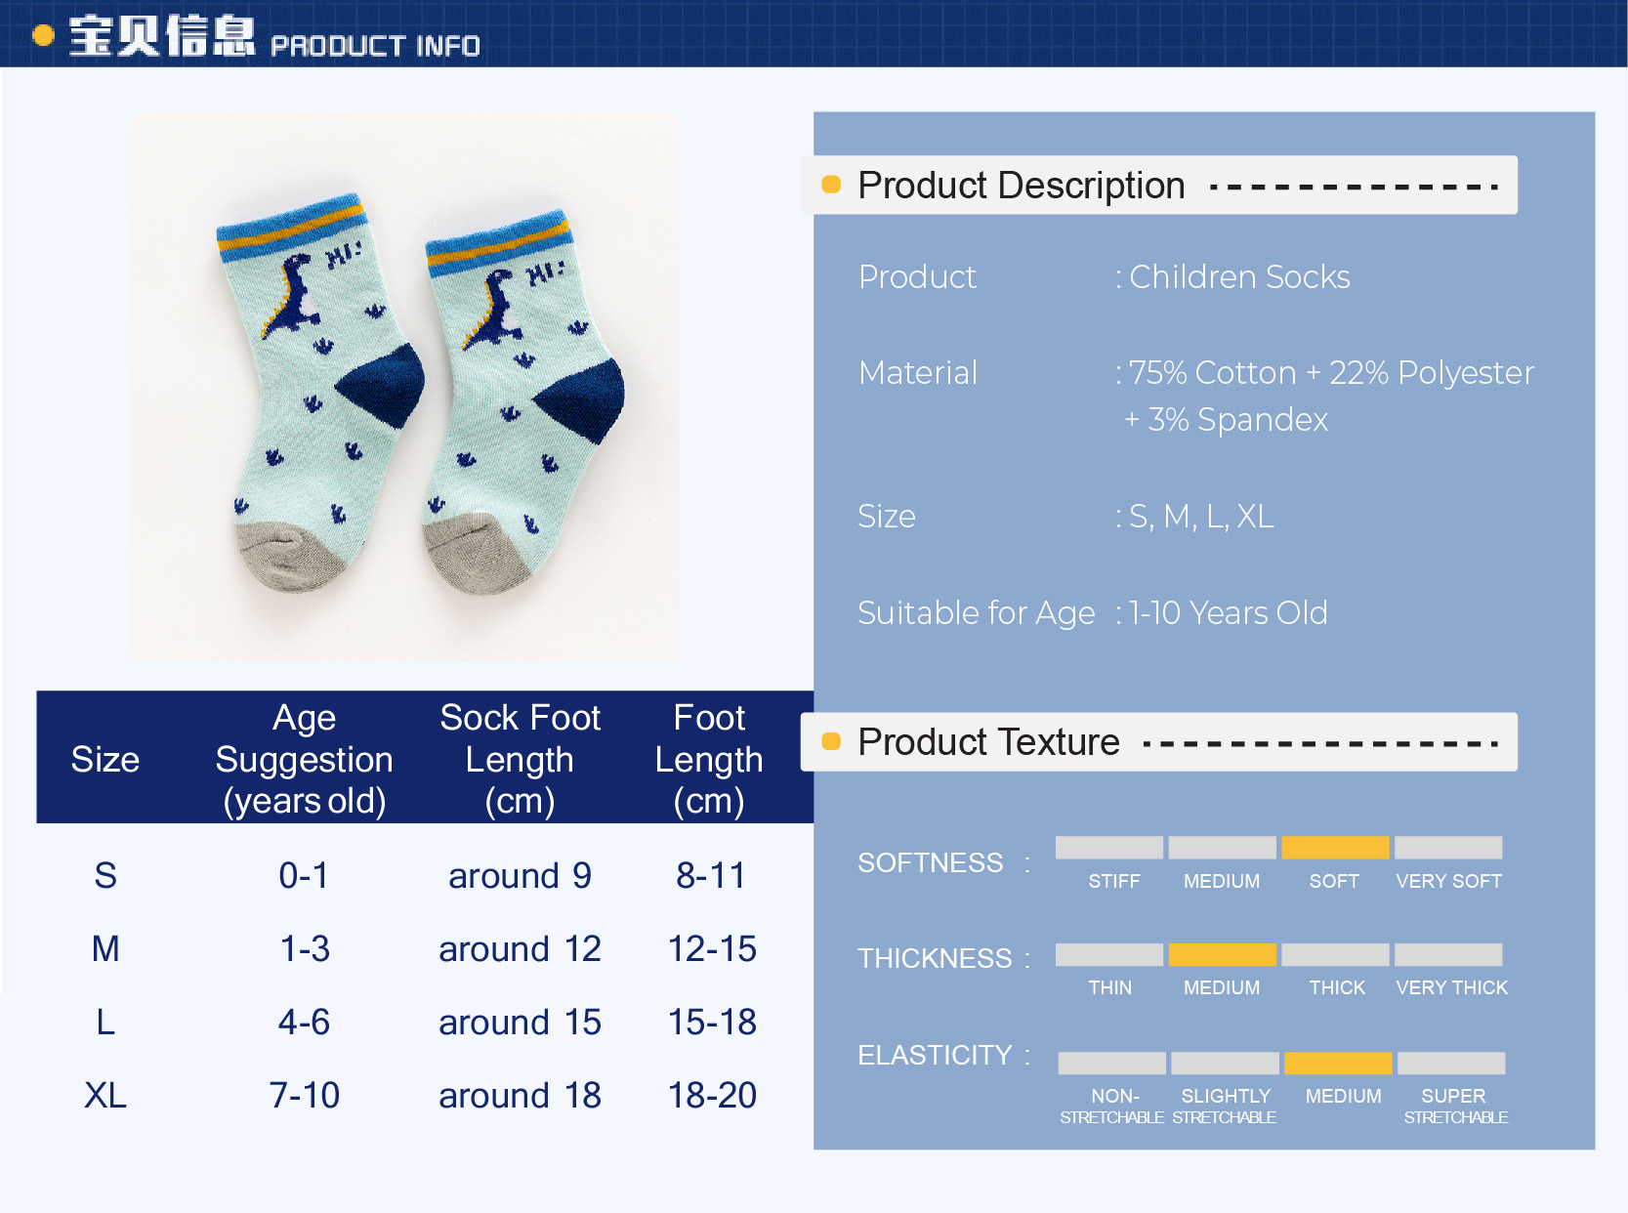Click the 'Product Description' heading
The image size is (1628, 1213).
coord(1021,186)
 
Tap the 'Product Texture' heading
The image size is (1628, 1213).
coord(988,741)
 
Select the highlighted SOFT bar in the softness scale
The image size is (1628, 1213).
coord(1335,848)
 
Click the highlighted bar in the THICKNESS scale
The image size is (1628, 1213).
coord(1222,954)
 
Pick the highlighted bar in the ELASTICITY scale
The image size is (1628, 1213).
coord(1337,1063)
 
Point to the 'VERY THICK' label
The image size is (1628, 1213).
coord(1451,987)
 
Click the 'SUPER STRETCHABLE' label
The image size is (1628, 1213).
coord(1455,1107)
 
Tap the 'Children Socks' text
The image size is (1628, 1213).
coord(1239,276)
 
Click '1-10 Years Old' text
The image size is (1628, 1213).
coord(1228,612)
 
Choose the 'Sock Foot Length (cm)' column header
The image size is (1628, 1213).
coord(520,759)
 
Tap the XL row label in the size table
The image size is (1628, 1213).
coord(104,1096)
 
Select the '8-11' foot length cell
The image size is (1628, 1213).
coord(710,875)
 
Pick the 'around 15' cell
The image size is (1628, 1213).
coord(520,1023)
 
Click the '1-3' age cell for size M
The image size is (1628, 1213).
coord(305,948)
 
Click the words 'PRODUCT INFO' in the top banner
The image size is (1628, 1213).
coord(375,46)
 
